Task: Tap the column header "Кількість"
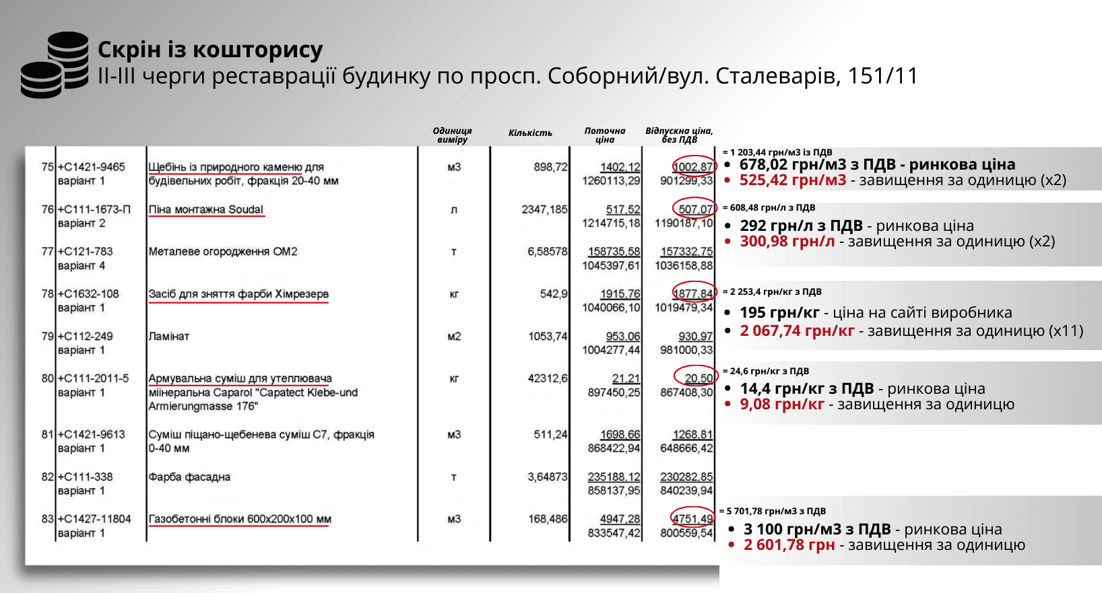point(530,133)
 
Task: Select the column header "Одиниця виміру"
point(452,135)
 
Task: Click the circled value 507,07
point(694,209)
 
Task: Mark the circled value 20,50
point(698,378)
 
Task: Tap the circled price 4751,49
point(693,518)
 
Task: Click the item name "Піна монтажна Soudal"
point(206,209)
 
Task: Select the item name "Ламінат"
point(169,336)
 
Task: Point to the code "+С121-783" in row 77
point(86,251)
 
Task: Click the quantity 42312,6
point(547,378)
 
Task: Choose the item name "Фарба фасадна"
point(189,477)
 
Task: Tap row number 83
point(47,519)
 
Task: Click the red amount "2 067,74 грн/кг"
point(797,330)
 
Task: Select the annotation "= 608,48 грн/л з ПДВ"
point(769,208)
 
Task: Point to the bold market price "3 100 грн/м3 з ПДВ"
point(817,529)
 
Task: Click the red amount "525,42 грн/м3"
point(793,180)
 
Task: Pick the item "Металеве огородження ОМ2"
point(223,251)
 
